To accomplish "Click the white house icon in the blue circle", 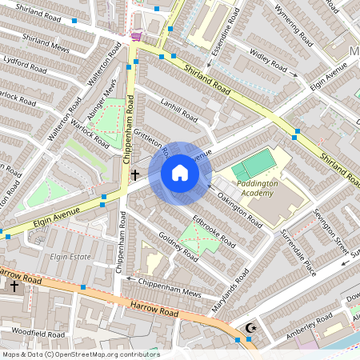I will pos(179,173).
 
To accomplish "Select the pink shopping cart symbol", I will pos(137,35).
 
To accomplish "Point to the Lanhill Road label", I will pos(178,115).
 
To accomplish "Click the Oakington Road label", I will pos(240,210).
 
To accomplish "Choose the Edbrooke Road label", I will pos(214,230).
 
